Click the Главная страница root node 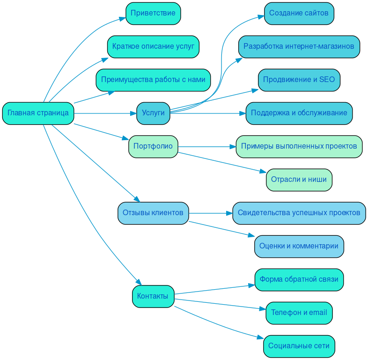(38, 113)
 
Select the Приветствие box (153, 13)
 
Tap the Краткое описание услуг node (153, 46)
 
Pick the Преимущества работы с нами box (153, 80)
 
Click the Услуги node (153, 113)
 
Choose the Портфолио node (153, 146)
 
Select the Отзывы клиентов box (153, 213)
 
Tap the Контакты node (153, 296)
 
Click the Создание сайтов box (299, 13)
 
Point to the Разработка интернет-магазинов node (299, 46)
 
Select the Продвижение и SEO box (299, 80)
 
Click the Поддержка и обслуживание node (299, 113)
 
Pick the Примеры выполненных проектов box (299, 146)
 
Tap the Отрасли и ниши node (299, 180)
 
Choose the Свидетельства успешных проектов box (299, 213)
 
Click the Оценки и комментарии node (299, 246)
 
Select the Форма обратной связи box (299, 279)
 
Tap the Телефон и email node (299, 313)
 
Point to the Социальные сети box (299, 346)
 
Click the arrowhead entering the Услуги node (133, 113)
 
